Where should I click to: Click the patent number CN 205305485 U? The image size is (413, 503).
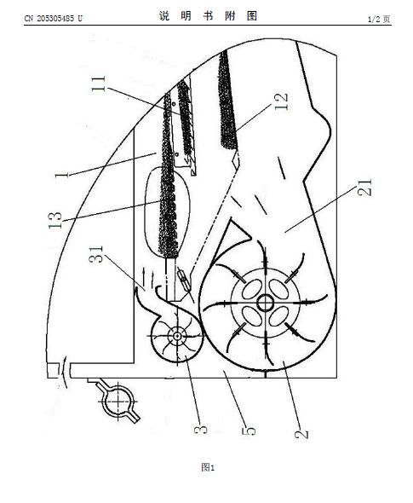[53, 19]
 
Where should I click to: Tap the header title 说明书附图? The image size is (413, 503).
[208, 15]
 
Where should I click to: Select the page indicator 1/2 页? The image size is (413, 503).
[379, 20]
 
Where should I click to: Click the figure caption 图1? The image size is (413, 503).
[208, 467]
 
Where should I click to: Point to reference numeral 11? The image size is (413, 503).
[99, 84]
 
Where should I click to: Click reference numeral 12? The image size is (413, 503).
[281, 101]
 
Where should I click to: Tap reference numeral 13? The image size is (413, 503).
[54, 220]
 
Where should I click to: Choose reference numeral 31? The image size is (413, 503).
[96, 254]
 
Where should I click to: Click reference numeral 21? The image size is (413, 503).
[365, 188]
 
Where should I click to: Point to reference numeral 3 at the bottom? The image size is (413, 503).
[201, 430]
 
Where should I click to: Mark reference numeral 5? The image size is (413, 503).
[249, 431]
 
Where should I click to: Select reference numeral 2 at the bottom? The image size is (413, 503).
[301, 433]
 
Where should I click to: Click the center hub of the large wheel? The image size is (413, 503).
[266, 303]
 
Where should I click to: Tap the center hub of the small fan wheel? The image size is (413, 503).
[176, 336]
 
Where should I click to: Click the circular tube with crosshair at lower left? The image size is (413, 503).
[118, 402]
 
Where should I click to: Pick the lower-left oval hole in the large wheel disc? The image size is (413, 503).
[251, 316]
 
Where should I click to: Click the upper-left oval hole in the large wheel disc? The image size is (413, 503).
[251, 289]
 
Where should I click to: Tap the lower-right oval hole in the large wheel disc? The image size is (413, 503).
[278, 316]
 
